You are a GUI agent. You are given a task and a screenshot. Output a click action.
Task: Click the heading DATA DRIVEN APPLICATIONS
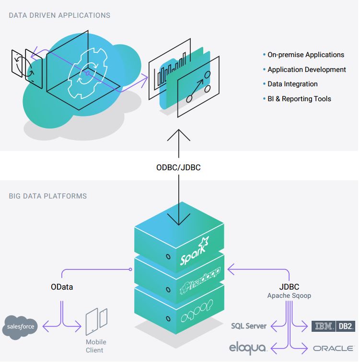(59, 15)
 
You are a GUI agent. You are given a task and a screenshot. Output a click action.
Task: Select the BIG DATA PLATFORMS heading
(48, 196)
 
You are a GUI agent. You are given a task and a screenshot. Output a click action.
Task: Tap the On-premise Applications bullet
(305, 55)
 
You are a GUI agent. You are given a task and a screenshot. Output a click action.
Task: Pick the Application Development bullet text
(306, 70)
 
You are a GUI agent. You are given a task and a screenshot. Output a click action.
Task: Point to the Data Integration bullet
(292, 84)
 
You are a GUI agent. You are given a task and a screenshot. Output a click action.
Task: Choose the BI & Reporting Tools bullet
(299, 99)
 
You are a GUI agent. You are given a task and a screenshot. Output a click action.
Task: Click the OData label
(62, 287)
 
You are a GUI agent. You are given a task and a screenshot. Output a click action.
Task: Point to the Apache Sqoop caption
(289, 296)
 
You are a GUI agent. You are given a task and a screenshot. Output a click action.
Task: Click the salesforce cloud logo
(20, 327)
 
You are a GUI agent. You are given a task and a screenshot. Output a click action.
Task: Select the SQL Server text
(249, 326)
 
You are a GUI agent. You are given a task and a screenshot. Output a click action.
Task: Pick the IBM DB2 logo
(333, 326)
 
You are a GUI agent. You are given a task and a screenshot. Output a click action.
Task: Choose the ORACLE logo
(334, 348)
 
